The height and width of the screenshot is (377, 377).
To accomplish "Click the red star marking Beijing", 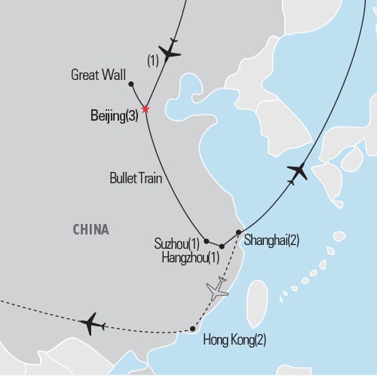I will tap(146, 109).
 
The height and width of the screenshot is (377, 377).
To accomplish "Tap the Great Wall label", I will tap(97, 75).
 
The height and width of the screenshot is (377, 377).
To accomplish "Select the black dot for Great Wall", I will tap(131, 84).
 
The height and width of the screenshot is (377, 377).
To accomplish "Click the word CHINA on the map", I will tap(91, 229).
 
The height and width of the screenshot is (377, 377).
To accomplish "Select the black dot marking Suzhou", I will tap(206, 241).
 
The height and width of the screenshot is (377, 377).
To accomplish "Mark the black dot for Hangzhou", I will tap(221, 247).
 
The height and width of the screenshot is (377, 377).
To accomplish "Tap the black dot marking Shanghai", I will tap(238, 232).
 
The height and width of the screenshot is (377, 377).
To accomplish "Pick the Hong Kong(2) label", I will tap(235, 340).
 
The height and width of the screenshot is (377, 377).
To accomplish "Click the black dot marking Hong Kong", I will tap(192, 329).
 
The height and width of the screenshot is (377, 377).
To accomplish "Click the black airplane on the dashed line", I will tap(91, 323).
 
